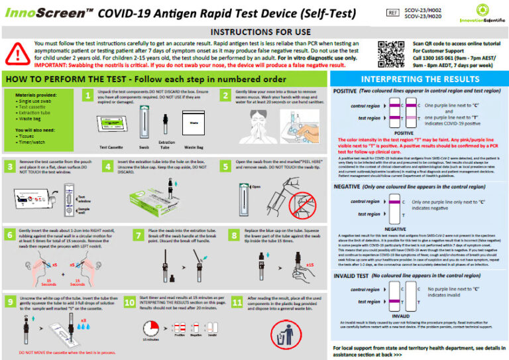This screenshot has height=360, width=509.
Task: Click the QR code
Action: (x=390, y=52)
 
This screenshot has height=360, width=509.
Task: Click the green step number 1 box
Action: (x=87, y=96)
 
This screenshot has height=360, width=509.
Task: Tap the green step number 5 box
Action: (x=226, y=166)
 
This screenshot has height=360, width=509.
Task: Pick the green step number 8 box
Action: (x=235, y=235)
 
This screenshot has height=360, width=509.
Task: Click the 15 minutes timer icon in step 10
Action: (x=150, y=328)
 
